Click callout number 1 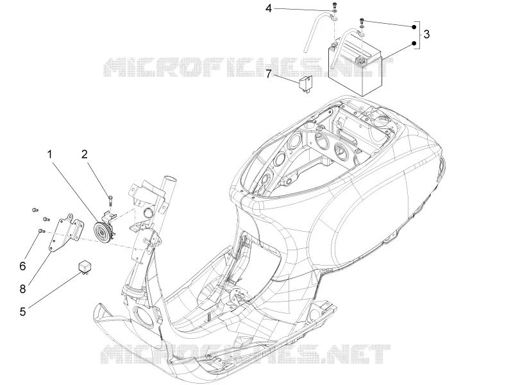50,154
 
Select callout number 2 85,154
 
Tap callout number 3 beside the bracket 426,34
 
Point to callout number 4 268,8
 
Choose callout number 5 22,312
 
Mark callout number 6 22,266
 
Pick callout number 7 268,74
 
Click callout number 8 22,289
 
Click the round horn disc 101,232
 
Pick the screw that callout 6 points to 42,231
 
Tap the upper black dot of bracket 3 414,27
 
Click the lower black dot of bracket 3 414,43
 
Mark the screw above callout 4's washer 333,5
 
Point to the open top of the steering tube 170,179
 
